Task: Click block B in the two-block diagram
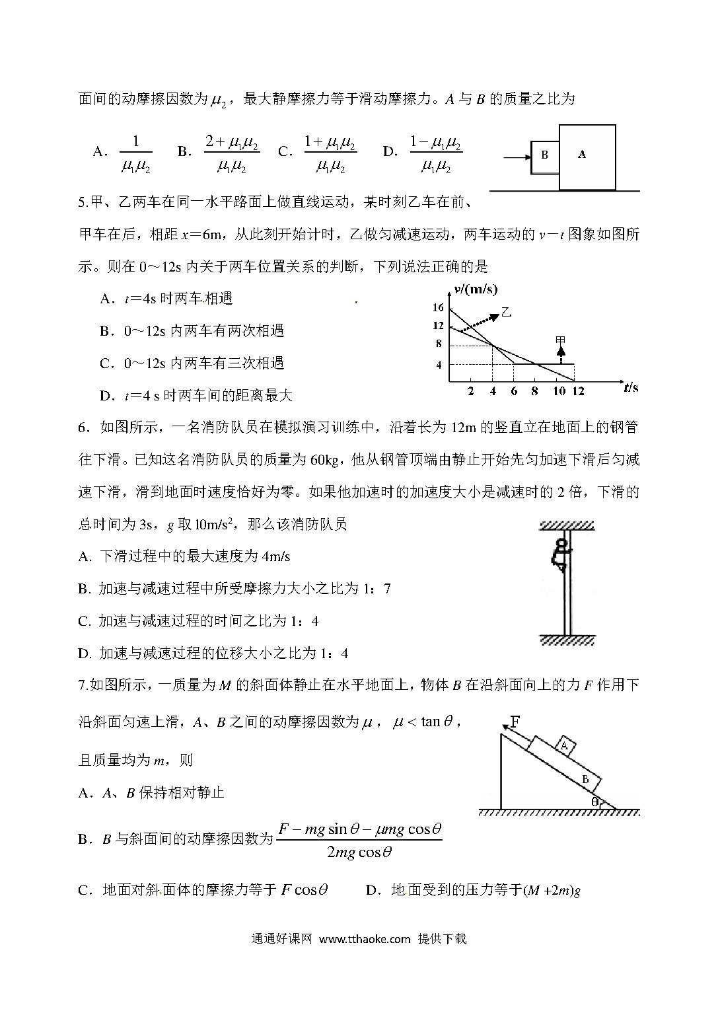[545, 155]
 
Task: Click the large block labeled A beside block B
[587, 156]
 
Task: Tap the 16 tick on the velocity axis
[438, 307]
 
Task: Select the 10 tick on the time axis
[559, 391]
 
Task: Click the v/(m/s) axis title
[476, 289]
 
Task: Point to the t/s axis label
[631, 388]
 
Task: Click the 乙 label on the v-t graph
[507, 313]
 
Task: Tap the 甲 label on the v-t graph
[561, 341]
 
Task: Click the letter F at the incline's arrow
[516, 720]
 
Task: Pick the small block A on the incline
[564, 745]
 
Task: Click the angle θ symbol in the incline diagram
[594, 802]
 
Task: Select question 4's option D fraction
[435, 154]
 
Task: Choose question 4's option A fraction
[136, 154]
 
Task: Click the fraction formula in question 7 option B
[359, 840]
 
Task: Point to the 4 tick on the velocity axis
[438, 365]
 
